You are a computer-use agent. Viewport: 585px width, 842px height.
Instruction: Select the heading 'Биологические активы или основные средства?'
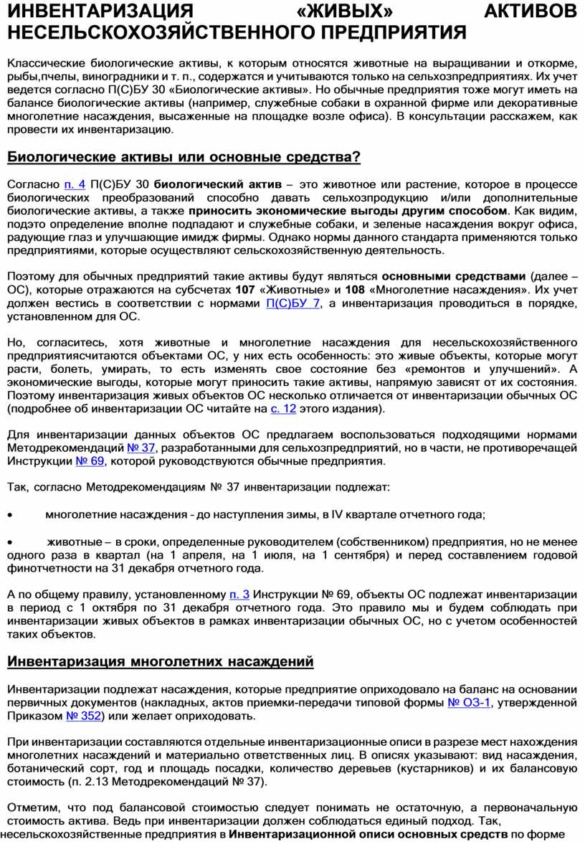pos(184,157)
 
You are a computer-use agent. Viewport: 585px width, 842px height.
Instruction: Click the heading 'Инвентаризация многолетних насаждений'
pos(161,661)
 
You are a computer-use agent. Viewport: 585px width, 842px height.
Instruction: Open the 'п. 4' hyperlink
pos(75,185)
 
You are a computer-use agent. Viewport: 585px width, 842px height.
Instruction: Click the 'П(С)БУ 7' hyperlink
pos(293,303)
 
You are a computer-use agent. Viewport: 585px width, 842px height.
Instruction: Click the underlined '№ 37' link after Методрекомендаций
pos(141,448)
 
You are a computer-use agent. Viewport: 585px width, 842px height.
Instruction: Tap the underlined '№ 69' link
pos(90,461)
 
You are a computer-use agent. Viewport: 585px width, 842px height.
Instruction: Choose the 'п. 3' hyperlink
pos(239,595)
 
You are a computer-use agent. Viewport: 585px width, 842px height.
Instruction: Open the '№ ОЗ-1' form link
pos(469,703)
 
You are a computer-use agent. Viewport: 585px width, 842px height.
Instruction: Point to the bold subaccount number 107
pos(245,290)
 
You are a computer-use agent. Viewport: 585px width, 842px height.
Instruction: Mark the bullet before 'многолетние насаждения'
pos(9,515)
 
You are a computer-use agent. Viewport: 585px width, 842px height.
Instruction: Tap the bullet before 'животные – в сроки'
pos(9,541)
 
